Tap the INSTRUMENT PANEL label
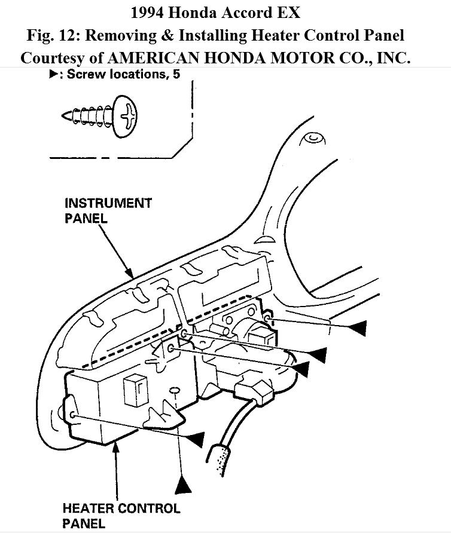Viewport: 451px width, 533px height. pyautogui.click(x=108, y=210)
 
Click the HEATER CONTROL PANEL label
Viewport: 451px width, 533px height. pyautogui.click(x=121, y=515)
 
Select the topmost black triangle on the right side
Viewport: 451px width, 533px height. pyautogui.click(x=356, y=327)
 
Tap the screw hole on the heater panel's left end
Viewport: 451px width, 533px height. pyautogui.click(x=72, y=415)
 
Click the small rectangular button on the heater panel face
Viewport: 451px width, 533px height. pyautogui.click(x=132, y=391)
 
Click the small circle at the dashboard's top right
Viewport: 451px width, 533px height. pyautogui.click(x=312, y=138)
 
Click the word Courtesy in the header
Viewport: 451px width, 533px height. pyautogui.click(x=51, y=58)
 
